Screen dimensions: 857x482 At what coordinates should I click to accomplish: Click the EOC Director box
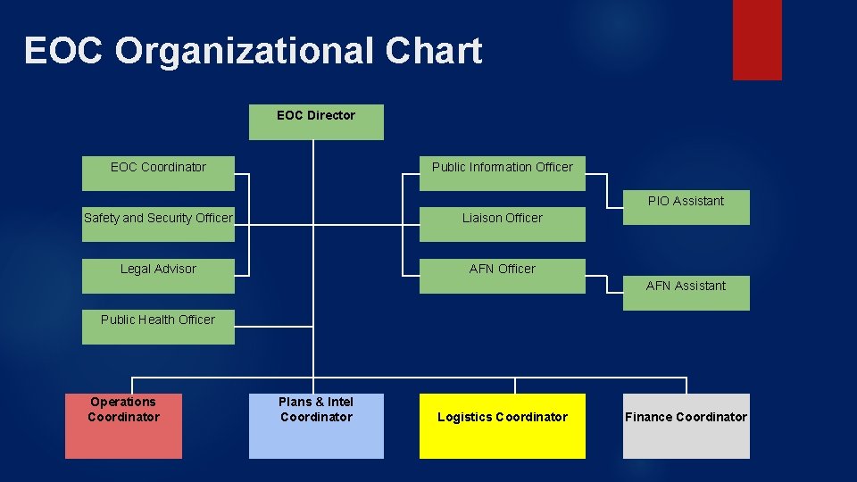point(316,122)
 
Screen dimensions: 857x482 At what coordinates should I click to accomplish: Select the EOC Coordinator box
point(158,173)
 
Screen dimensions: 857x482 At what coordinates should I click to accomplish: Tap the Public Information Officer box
point(503,173)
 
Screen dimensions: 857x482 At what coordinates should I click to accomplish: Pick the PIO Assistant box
point(686,207)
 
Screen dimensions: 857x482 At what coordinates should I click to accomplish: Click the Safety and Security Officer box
point(158,224)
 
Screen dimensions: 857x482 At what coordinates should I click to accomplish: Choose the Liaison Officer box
point(503,224)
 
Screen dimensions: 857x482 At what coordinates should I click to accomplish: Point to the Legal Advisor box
point(158,275)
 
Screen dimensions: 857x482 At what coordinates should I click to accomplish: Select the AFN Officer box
point(503,275)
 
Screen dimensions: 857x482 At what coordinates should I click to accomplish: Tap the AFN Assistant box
point(686,293)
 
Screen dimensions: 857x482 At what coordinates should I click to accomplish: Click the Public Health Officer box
point(158,326)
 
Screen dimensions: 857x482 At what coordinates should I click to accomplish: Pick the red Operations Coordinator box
point(123,426)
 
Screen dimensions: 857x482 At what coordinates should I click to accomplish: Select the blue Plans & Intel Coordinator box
point(316,426)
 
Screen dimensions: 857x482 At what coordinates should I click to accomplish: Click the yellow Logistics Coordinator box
point(503,426)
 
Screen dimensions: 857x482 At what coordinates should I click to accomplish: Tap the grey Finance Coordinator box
point(686,426)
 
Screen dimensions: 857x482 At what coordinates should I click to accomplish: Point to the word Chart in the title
point(434,52)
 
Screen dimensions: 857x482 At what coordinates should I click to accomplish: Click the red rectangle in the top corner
point(757,39)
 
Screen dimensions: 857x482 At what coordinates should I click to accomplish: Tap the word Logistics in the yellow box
point(464,417)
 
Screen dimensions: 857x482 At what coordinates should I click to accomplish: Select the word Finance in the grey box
point(648,417)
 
